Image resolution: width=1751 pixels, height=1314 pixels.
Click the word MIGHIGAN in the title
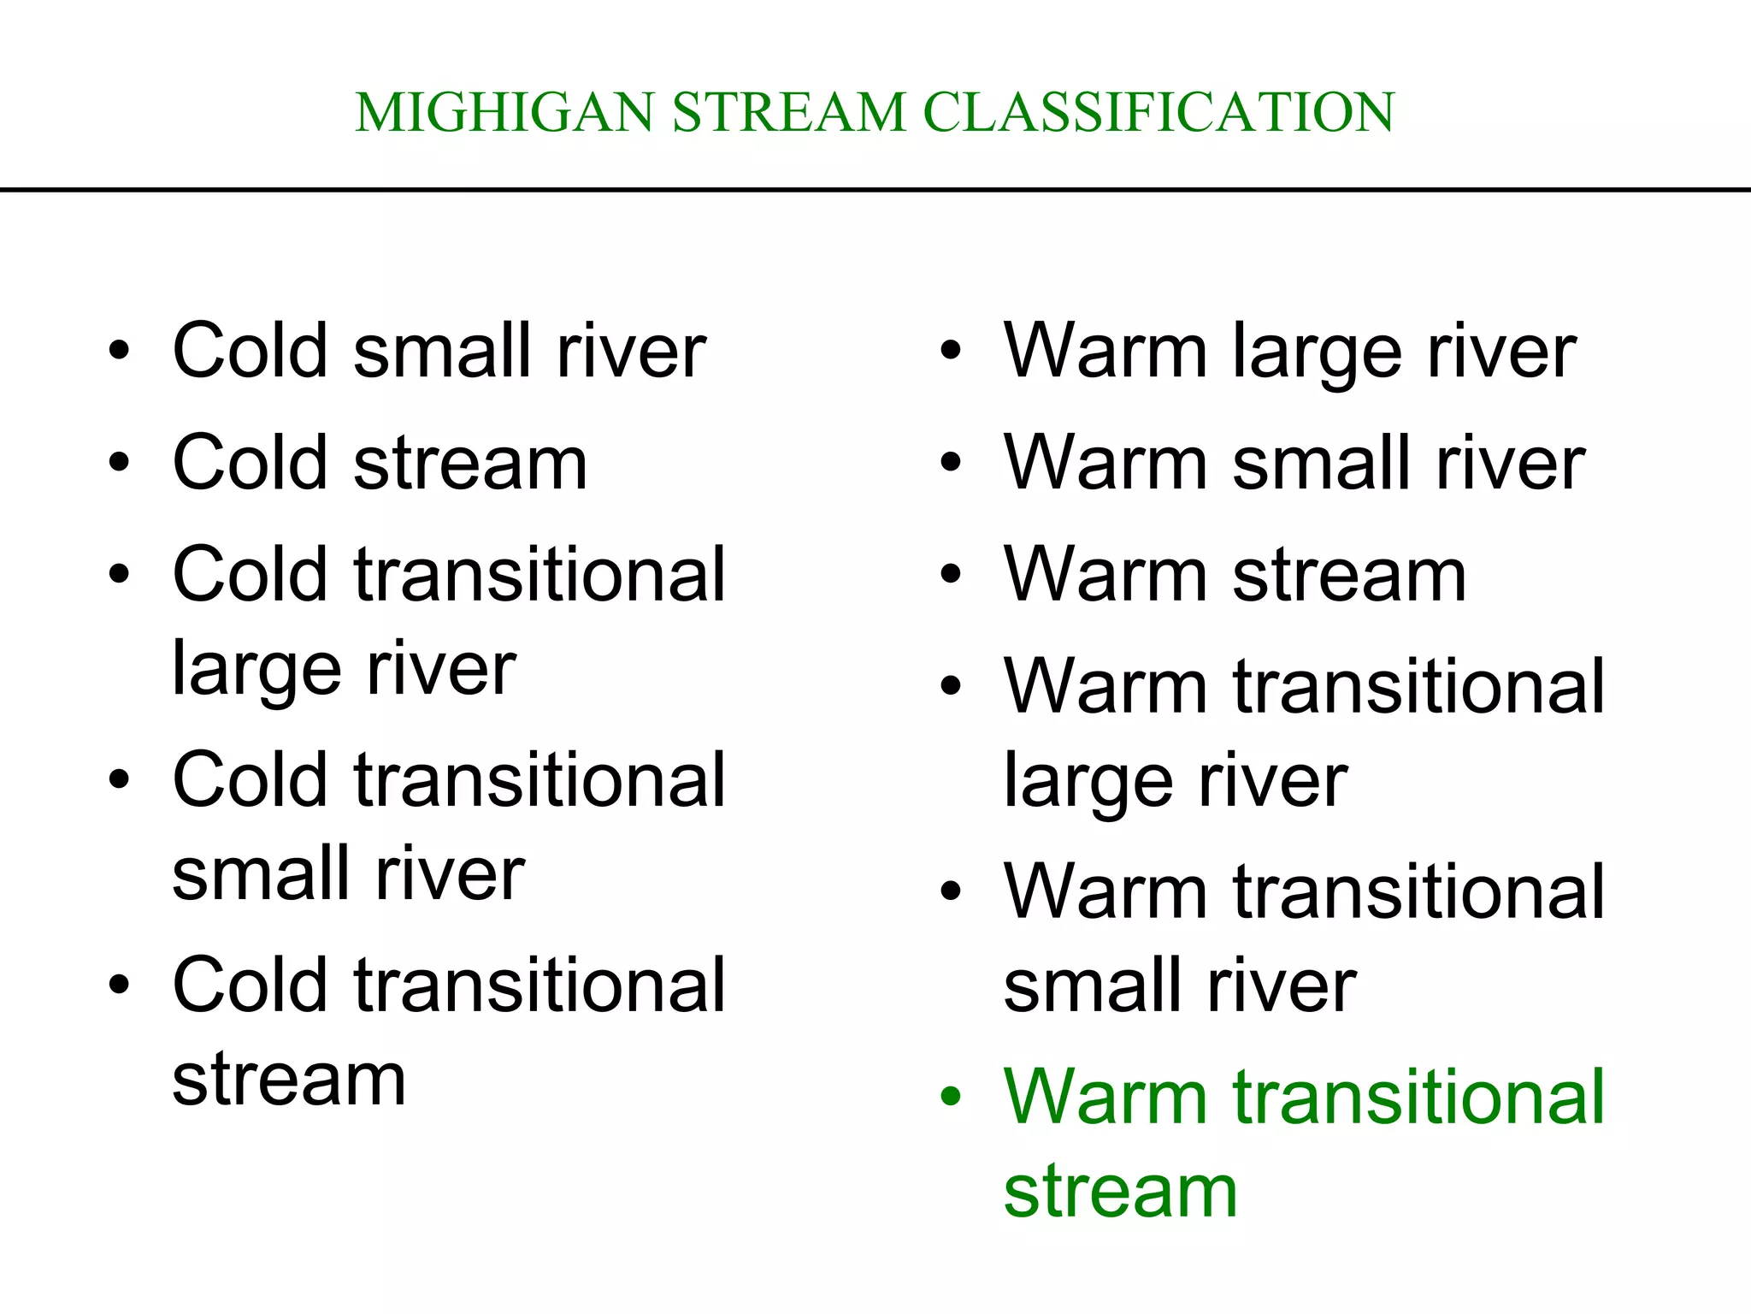click(504, 112)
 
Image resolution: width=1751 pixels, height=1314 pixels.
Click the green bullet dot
click(951, 1097)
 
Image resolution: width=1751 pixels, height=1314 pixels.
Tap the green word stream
click(1120, 1192)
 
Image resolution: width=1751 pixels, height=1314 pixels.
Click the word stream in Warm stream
click(1349, 575)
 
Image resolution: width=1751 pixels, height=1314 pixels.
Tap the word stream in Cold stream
click(470, 463)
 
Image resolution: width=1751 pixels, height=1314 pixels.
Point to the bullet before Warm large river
click(951, 351)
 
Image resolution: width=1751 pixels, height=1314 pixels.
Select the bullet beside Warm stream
click(951, 575)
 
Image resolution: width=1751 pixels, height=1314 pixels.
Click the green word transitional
click(1419, 1097)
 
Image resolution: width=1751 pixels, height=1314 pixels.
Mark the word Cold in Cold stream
click(251, 463)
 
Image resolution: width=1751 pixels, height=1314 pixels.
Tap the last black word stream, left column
click(289, 1080)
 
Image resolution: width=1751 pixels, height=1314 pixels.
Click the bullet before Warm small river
click(951, 463)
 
